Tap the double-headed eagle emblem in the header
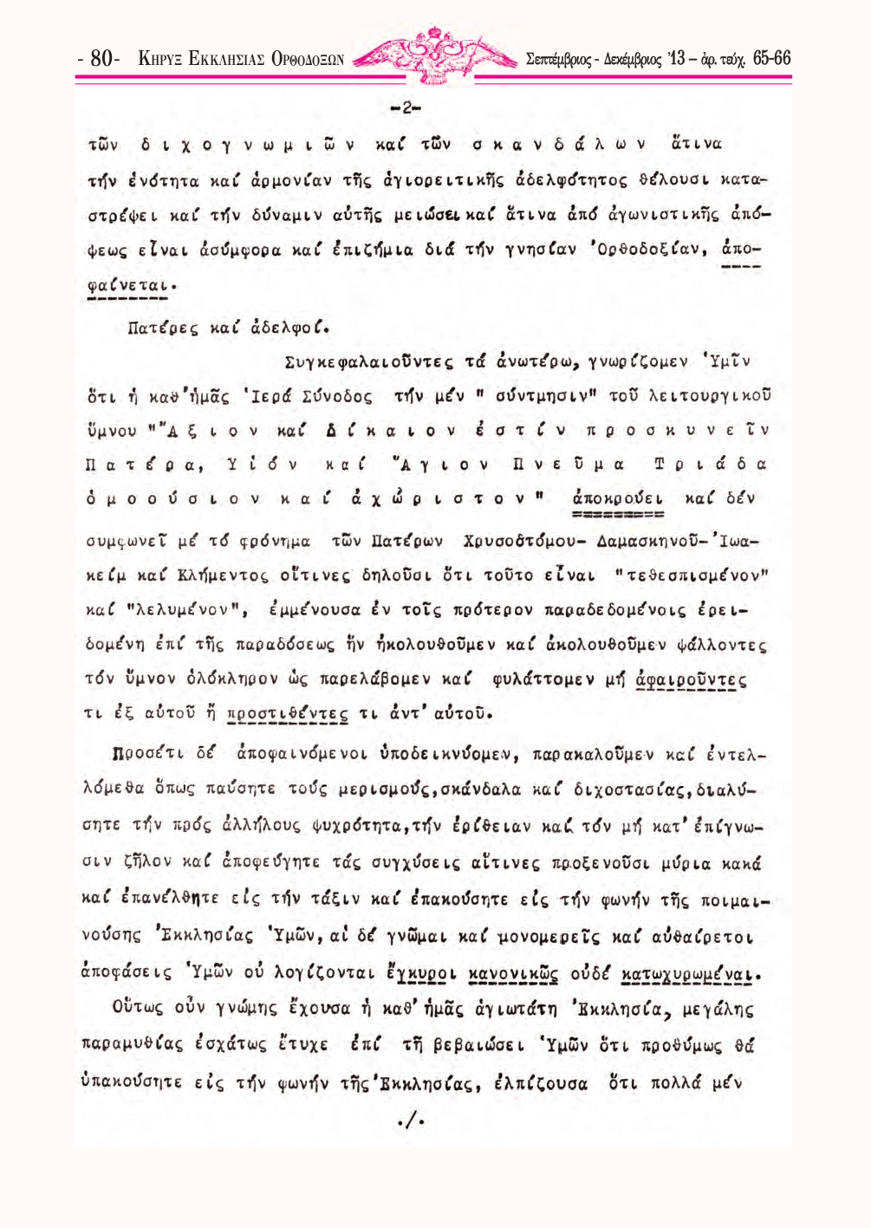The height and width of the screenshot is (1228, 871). [x=434, y=54]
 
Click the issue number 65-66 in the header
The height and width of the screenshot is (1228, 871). [x=771, y=58]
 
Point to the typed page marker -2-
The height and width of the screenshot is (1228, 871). [x=406, y=109]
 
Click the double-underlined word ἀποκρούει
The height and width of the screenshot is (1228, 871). [x=618, y=499]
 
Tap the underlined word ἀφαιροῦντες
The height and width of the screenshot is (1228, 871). [x=691, y=679]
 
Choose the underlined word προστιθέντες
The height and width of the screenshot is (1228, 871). [x=288, y=714]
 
